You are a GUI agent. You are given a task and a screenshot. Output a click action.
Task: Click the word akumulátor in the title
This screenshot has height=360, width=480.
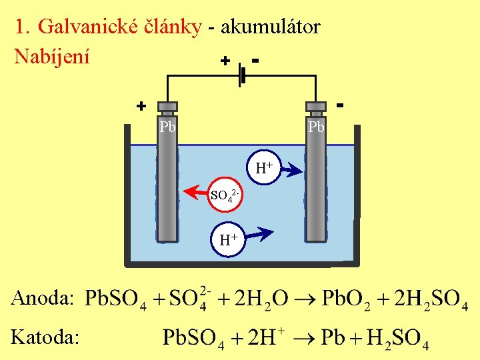[271, 27]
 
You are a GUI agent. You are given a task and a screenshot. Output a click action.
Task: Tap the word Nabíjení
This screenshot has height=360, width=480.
[52, 56]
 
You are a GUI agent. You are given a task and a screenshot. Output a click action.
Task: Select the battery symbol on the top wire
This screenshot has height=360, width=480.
[242, 75]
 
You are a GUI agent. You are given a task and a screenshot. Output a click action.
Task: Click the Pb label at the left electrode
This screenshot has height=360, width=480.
[167, 127]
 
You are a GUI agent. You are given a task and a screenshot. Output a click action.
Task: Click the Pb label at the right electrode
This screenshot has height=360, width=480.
[315, 127]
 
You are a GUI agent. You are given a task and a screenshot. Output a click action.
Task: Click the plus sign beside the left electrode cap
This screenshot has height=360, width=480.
[141, 106]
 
